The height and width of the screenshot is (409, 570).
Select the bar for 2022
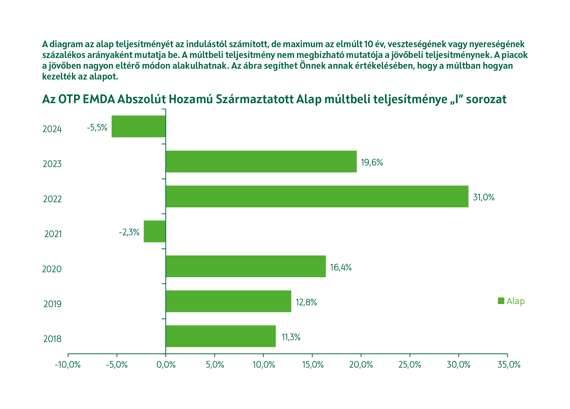tap(317, 196)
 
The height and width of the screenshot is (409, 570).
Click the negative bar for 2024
tap(139, 126)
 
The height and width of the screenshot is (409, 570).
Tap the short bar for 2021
tap(154, 231)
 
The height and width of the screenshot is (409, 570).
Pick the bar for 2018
tap(221, 336)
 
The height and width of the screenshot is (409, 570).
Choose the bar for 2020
tap(246, 266)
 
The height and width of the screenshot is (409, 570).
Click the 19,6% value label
tap(372, 162)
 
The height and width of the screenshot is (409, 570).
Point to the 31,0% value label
tap(484, 197)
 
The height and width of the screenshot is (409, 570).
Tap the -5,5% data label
tap(97, 128)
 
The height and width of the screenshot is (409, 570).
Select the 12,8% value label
tap(306, 302)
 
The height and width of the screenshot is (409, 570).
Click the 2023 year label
tap(52, 164)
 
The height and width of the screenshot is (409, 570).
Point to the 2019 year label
tap(52, 304)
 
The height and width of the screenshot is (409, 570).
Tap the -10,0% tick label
tap(68, 365)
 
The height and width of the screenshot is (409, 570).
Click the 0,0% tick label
tap(166, 365)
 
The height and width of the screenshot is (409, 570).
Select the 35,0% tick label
tap(509, 365)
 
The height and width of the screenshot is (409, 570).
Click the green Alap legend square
tap(501, 301)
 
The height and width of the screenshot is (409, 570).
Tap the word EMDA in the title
tap(99, 99)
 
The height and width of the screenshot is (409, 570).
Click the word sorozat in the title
tap(486, 99)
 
